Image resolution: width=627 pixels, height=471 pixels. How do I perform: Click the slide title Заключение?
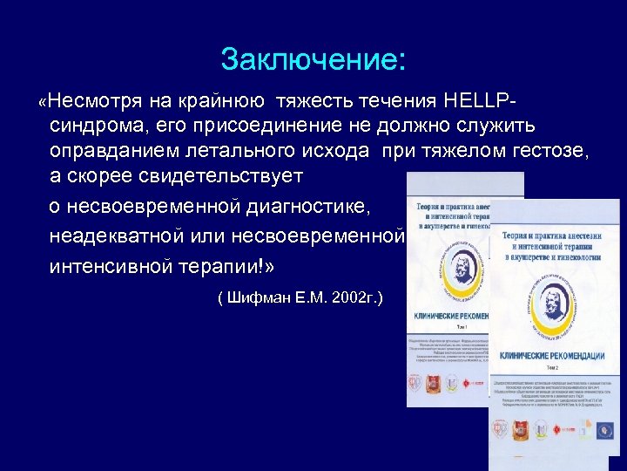tap(313, 59)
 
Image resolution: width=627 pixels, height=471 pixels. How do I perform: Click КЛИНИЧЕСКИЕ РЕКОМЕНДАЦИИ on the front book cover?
tap(551, 356)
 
